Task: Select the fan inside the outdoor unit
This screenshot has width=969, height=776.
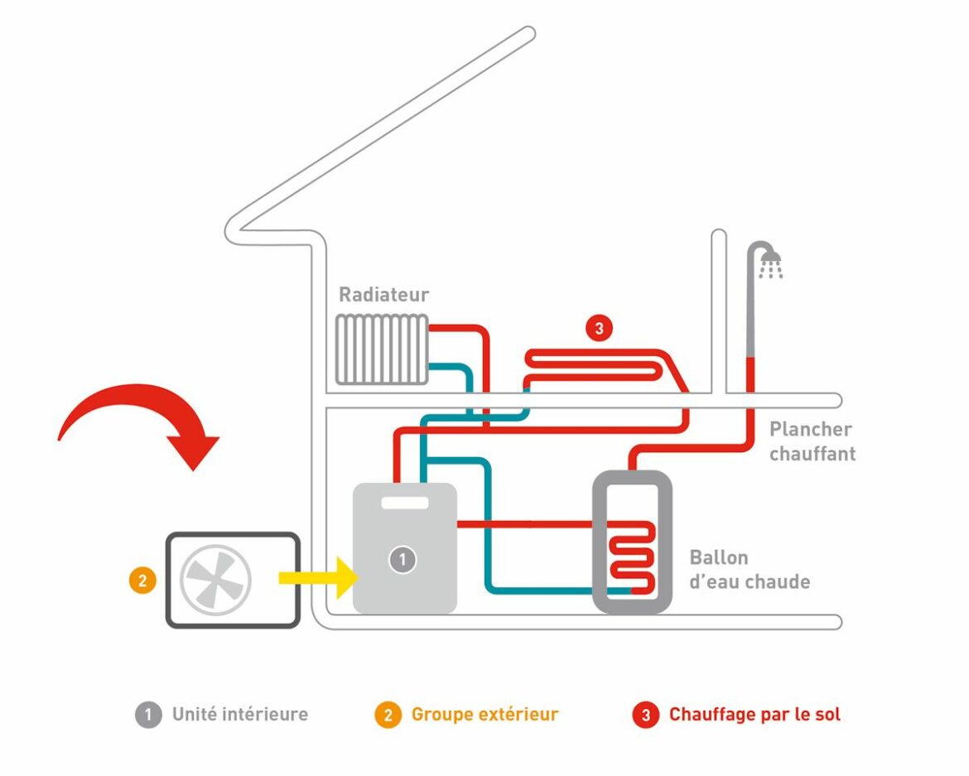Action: pos(214,577)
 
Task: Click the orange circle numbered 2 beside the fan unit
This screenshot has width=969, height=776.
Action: pos(142,581)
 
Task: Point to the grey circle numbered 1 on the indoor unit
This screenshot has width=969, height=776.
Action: pos(403,560)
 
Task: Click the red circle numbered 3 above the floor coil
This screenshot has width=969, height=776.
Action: pos(598,328)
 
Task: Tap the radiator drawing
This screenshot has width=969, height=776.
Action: pos(382,349)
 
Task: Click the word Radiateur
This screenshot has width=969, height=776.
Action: pos(383,295)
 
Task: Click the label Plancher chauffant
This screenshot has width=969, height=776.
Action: pos(812,441)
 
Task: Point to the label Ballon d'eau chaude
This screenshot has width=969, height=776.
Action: pos(749,570)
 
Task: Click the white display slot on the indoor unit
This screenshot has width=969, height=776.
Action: pos(404,503)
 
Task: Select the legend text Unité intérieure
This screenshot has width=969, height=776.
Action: pos(239,714)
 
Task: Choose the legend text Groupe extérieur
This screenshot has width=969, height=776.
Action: pos(485,714)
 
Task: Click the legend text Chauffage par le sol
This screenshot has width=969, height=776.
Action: pos(754,714)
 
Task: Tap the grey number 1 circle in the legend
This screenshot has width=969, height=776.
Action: pos(148,715)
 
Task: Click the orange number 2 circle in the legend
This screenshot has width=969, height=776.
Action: pos(387,715)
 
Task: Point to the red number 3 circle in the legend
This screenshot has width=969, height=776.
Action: pos(645,715)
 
